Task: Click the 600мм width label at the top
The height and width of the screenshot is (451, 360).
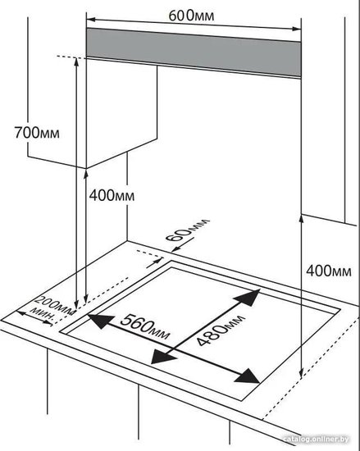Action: pos(191,16)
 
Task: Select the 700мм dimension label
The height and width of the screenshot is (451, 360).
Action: pos(37,133)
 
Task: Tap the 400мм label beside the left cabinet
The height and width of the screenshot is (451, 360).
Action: pos(112,196)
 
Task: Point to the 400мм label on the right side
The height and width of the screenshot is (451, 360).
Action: pos(329,271)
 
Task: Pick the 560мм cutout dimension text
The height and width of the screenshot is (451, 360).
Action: pos(145,326)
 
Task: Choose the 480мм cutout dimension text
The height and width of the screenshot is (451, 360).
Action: pos(221,330)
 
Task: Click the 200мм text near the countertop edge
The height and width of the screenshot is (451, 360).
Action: pos(55,305)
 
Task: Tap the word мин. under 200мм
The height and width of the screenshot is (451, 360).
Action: pos(43,314)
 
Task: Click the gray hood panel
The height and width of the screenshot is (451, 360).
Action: pos(194,52)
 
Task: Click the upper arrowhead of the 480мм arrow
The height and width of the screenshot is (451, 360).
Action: pos(249,297)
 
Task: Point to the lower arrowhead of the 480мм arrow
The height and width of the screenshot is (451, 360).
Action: pos(162,357)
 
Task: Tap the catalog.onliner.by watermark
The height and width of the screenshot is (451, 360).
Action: pos(316,440)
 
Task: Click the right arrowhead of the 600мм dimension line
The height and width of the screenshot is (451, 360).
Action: pos(297,29)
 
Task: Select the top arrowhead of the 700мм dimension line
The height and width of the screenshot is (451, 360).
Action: pos(76,61)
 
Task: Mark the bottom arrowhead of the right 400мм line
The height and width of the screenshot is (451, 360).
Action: pos(301,374)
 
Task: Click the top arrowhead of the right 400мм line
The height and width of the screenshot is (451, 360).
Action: pos(301,219)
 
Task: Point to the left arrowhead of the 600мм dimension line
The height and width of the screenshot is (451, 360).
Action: pos(91,20)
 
